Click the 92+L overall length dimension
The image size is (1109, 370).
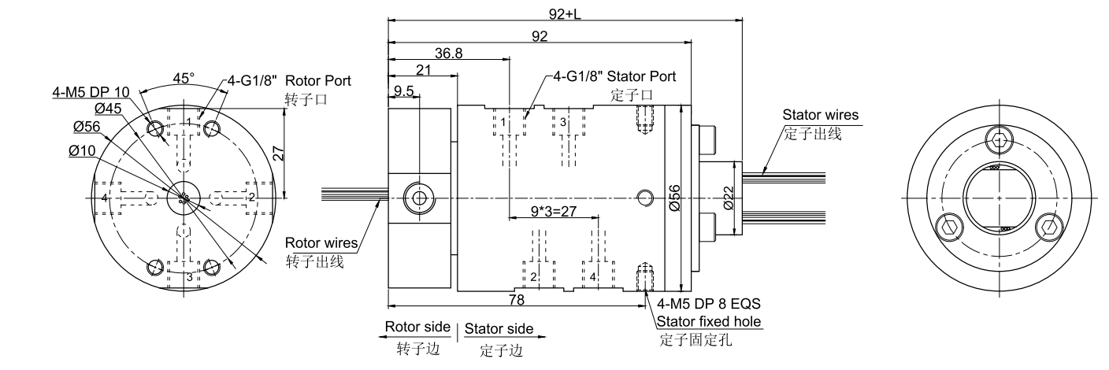pyautogui.click(x=565, y=13)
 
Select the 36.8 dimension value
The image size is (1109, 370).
pyautogui.click(x=449, y=53)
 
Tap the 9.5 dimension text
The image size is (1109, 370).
pyautogui.click(x=404, y=91)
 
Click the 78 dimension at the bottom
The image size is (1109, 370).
pyautogui.click(x=517, y=300)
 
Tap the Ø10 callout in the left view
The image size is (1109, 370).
pyautogui.click(x=81, y=150)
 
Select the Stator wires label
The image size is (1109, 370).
pyautogui.click(x=819, y=116)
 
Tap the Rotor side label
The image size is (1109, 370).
pyautogui.click(x=417, y=327)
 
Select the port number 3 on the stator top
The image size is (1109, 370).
pyautogui.click(x=563, y=122)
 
